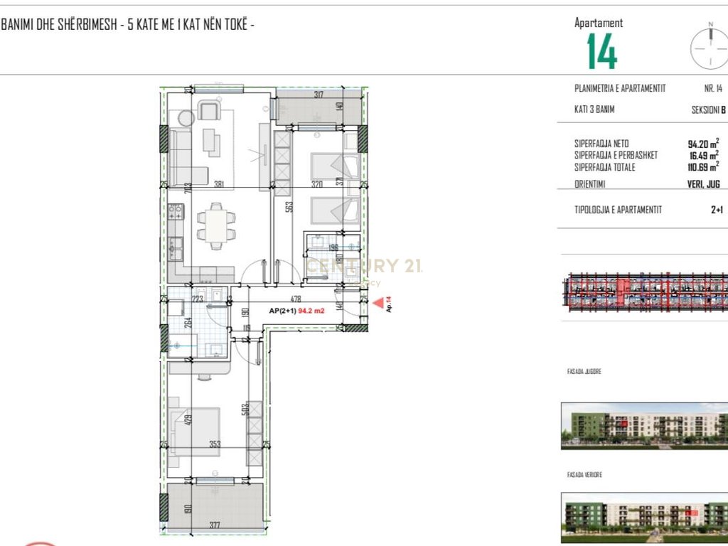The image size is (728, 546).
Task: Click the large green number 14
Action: [601, 52]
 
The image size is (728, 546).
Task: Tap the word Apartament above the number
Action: [599, 23]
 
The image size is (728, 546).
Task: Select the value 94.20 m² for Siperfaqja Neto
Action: [703, 143]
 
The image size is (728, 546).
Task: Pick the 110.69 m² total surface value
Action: [702, 168]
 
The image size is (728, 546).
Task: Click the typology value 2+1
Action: [717, 210]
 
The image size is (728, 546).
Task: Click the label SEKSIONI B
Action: [709, 110]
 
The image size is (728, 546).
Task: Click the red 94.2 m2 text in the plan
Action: [311, 311]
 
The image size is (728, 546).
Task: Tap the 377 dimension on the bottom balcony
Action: [215, 526]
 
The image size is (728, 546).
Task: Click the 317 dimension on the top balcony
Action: [318, 95]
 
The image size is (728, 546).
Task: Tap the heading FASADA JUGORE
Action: [584, 371]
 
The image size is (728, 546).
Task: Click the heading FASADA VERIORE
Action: [584, 475]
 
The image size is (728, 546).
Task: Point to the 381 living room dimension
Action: [220, 184]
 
